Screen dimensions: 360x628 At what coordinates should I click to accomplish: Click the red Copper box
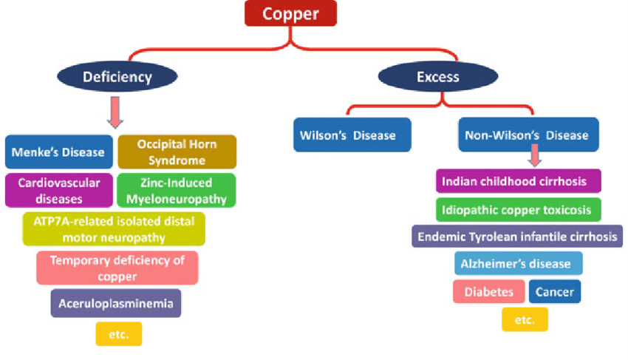click(290, 13)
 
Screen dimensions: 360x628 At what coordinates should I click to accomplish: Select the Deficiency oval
click(117, 76)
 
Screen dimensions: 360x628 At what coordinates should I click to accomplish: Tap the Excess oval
click(437, 76)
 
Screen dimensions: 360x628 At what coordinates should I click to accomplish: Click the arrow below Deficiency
click(115, 111)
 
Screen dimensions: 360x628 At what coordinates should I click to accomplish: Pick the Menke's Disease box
click(59, 153)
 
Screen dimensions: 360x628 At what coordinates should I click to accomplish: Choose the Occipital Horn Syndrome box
click(177, 152)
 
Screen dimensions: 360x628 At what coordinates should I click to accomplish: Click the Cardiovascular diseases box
click(59, 190)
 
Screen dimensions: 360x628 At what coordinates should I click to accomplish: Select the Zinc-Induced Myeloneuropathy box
click(177, 190)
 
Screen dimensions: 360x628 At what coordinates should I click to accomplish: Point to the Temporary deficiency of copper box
click(117, 267)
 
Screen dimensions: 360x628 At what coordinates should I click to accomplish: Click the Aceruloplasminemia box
click(116, 303)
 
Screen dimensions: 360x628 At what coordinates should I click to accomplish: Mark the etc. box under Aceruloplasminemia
click(118, 334)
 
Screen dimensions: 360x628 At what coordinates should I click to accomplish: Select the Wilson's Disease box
click(352, 135)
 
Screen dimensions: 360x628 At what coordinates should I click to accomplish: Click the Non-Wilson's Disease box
click(528, 135)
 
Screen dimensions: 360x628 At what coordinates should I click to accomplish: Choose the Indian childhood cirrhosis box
click(518, 180)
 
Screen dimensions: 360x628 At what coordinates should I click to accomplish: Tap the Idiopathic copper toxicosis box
click(518, 210)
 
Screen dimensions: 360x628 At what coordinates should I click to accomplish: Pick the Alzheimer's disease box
click(518, 263)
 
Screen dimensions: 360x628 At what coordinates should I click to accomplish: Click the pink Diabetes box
click(489, 291)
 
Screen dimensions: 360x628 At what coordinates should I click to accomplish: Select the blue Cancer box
click(555, 291)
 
